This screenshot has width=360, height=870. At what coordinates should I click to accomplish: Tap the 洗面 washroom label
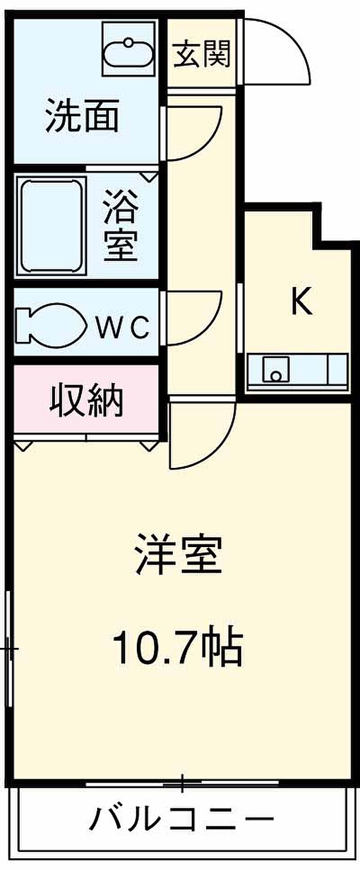point(82,115)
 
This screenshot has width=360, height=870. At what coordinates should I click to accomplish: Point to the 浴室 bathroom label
point(121,225)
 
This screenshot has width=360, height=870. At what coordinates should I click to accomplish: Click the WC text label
point(122,328)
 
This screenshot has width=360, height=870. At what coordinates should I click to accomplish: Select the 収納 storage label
point(86,400)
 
